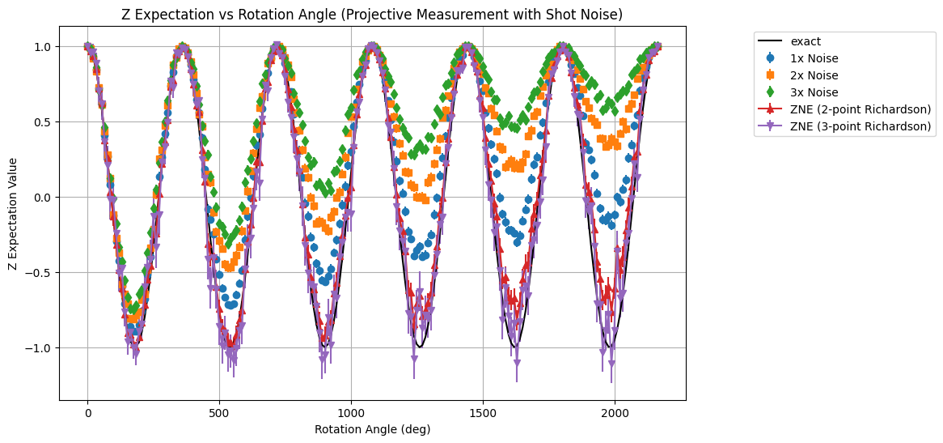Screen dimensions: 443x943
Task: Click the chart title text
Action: click(372, 15)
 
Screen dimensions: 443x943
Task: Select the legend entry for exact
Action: click(805, 41)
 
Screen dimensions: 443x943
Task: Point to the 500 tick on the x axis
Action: click(219, 411)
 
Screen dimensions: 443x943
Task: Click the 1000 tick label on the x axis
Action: click(351, 411)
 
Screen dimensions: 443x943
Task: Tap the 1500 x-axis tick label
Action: click(483, 411)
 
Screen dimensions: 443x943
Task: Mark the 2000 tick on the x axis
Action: click(615, 411)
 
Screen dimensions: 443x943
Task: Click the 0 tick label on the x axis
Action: click(87, 411)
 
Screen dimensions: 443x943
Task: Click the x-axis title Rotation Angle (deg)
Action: click(372, 429)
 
